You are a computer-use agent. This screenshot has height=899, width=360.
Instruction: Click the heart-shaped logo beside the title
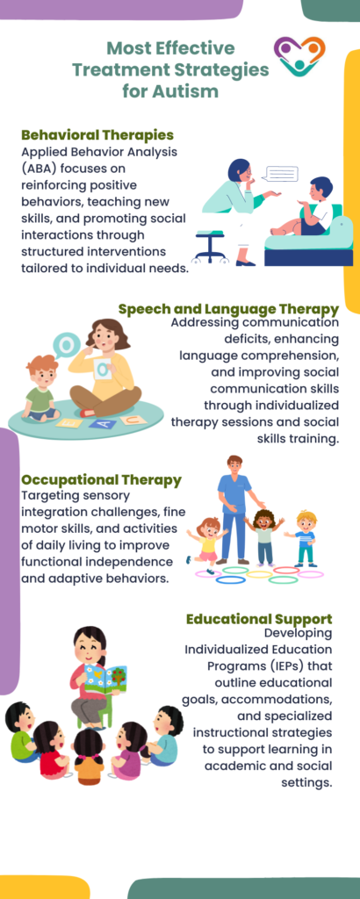click(x=299, y=57)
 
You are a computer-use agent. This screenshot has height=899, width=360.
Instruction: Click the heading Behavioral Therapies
click(x=97, y=135)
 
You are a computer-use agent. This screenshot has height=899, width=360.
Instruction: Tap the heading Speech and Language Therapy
click(x=228, y=309)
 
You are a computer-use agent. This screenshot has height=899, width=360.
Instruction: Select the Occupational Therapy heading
click(x=101, y=480)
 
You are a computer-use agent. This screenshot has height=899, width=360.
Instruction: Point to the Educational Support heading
click(x=258, y=619)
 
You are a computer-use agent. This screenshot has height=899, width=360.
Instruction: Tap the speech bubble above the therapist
click(x=280, y=174)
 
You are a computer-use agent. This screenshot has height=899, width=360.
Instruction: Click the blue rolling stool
click(x=211, y=244)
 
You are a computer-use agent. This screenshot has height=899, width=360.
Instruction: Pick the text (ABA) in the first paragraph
click(x=45, y=167)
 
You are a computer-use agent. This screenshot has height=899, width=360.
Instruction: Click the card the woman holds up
click(x=103, y=369)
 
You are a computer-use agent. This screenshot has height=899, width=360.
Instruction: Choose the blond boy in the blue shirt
click(x=305, y=536)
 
